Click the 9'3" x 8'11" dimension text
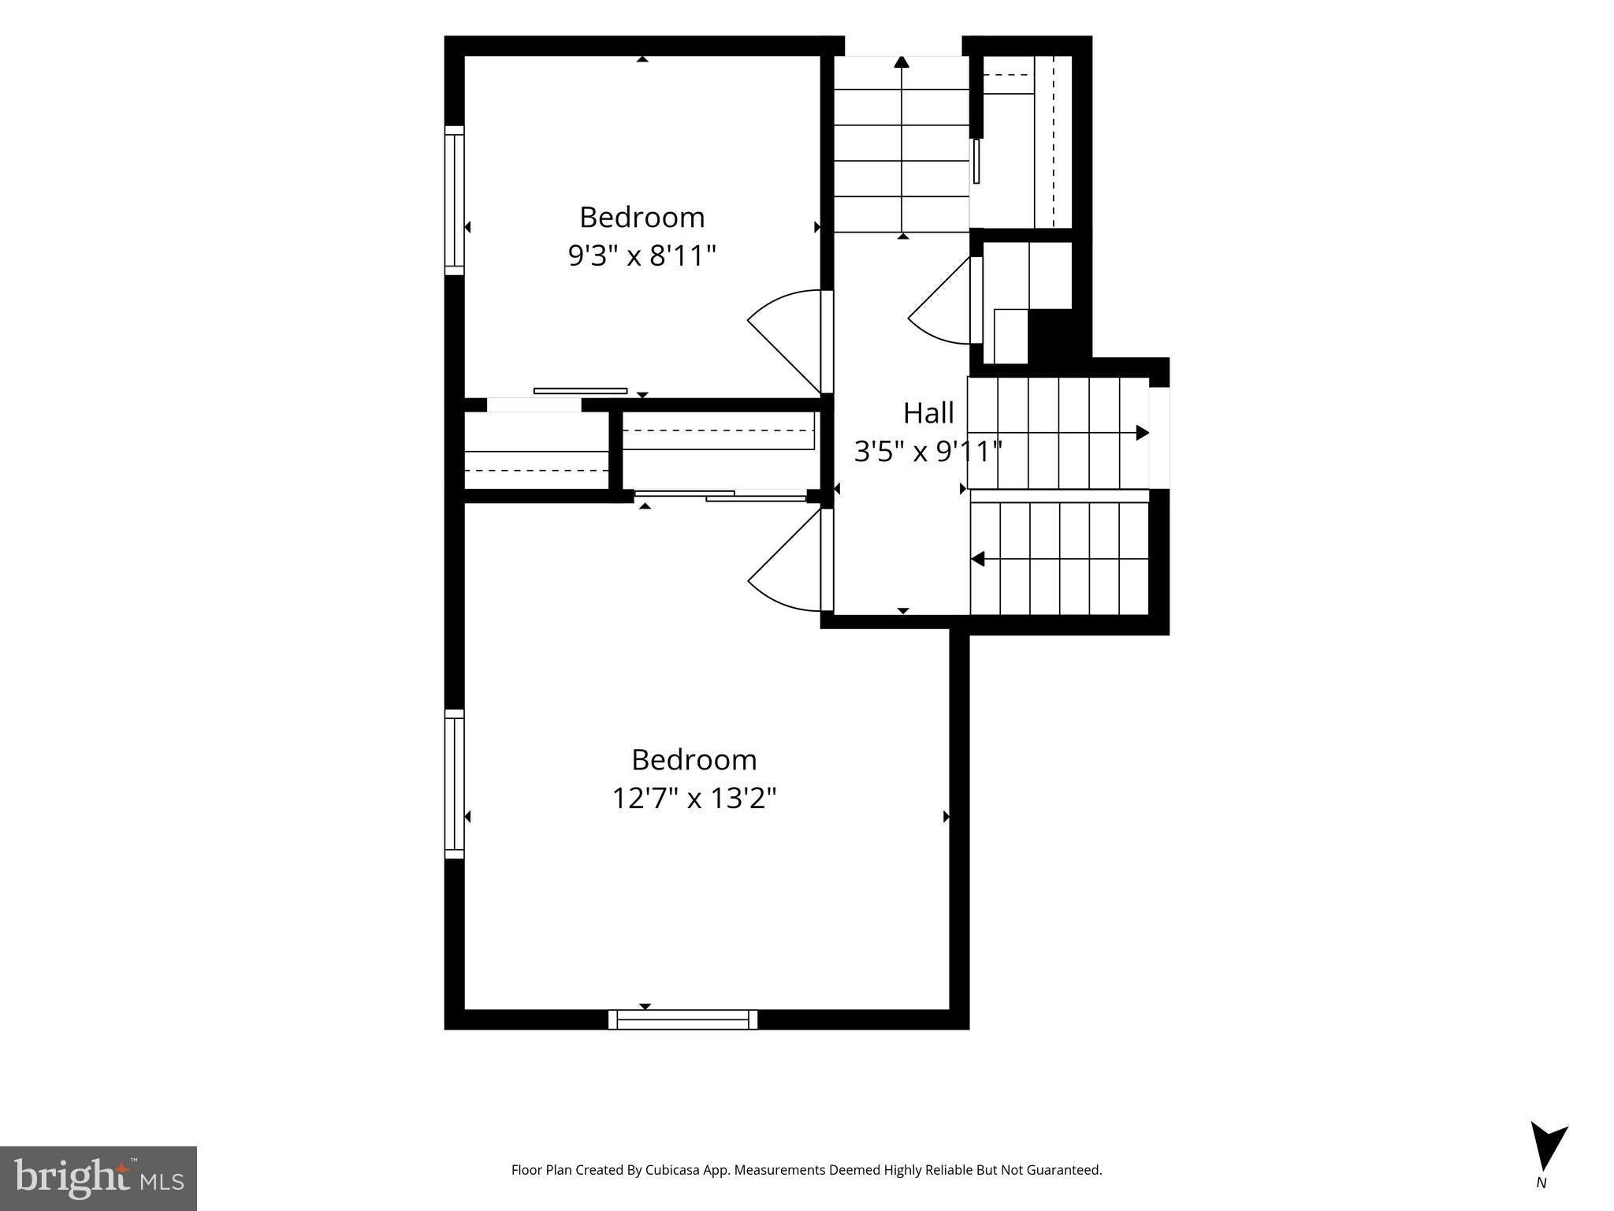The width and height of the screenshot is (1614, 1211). click(x=642, y=255)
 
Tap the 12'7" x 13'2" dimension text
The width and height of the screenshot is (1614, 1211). click(x=694, y=799)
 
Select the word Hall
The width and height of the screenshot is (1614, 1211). click(x=928, y=412)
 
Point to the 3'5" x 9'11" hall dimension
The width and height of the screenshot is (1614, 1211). click(x=928, y=452)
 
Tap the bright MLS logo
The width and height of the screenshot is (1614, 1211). click(x=99, y=1178)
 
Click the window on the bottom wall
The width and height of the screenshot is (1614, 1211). click(x=682, y=1019)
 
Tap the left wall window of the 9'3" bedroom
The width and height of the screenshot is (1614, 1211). click(x=455, y=200)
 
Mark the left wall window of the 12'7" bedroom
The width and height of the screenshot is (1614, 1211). click(x=455, y=784)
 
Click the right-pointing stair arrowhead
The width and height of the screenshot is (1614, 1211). click(x=1142, y=433)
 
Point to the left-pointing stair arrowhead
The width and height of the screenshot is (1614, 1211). click(x=977, y=559)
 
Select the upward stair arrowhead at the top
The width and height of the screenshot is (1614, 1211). click(x=902, y=61)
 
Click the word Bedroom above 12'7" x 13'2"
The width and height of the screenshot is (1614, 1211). click(x=694, y=759)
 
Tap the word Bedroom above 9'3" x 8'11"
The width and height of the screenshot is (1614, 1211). click(x=642, y=217)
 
